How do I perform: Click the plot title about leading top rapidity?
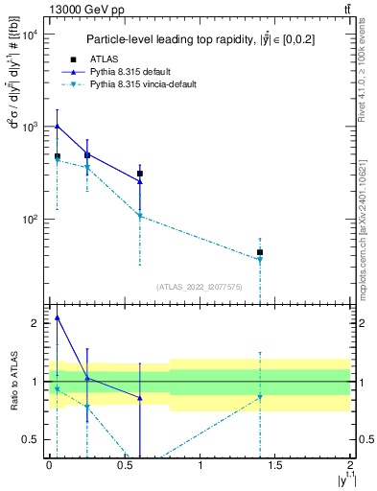(x=200, y=39)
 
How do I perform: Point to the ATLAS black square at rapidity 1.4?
(x=260, y=252)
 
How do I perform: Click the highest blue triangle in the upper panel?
(x=57, y=126)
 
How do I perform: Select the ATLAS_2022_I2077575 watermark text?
(x=200, y=286)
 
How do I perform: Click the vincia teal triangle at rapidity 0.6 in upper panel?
(x=140, y=216)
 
